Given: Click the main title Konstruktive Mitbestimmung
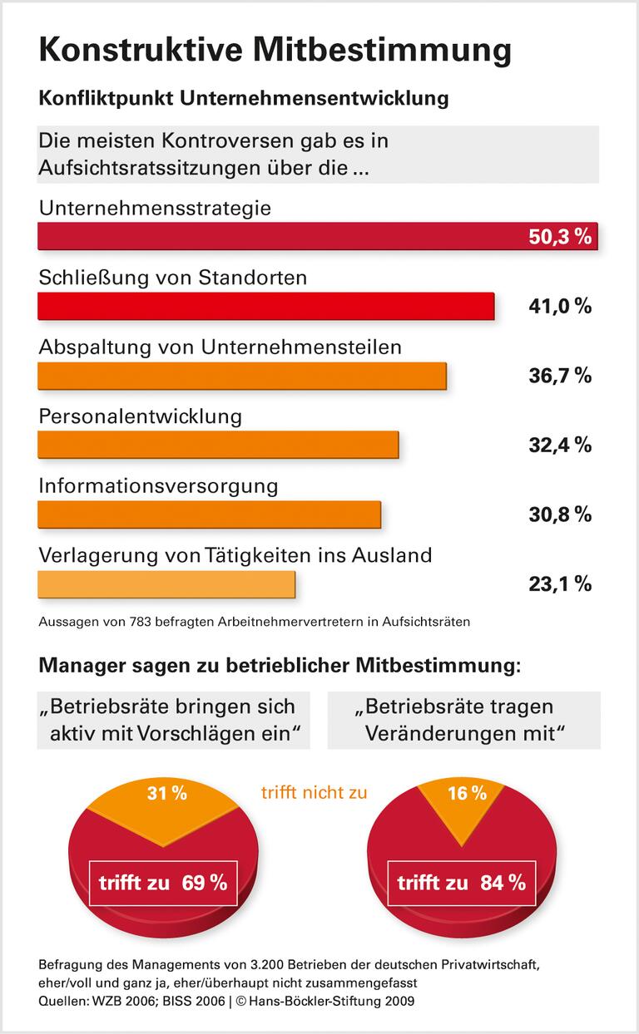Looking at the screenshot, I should tap(275, 51).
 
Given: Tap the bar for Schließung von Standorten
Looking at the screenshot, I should tap(266, 306).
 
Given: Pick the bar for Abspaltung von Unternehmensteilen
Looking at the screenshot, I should tap(242, 376).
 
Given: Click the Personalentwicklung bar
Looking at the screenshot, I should tap(218, 445).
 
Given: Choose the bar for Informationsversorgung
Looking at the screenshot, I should tap(209, 515).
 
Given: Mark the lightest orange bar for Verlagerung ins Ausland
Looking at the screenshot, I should tap(166, 583).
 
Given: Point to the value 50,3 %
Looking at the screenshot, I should tap(560, 237).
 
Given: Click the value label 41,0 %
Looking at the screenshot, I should tap(560, 306).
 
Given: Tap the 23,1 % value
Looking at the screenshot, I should tap(560, 583).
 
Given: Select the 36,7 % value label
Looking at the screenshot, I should tap(560, 376).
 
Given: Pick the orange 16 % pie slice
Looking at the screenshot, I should tap(467, 798).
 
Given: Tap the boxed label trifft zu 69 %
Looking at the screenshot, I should tap(163, 883).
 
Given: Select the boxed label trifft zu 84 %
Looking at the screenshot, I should tap(462, 883).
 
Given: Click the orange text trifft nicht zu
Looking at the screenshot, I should tap(314, 792).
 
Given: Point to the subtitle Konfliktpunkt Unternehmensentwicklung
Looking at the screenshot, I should tap(244, 98).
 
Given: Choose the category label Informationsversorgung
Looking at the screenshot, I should tap(158, 485).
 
